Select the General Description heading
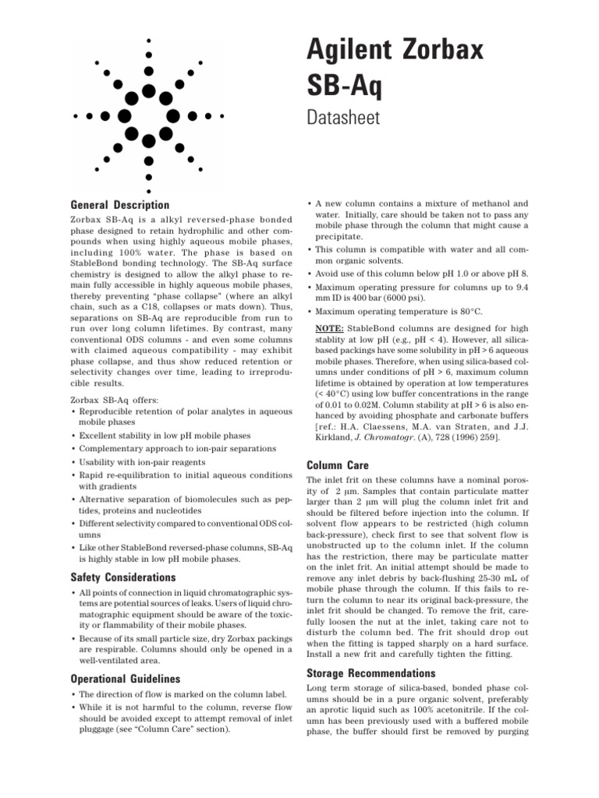(x=119, y=205)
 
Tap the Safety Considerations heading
(x=123, y=577)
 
